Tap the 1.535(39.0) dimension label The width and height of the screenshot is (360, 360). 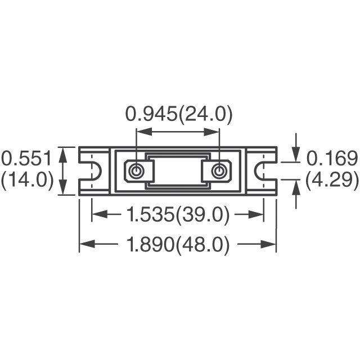(178, 214)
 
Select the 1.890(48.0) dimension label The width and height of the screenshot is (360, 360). (178, 244)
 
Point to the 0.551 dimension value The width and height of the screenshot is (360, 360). (26, 158)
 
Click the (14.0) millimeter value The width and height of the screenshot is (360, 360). (27, 181)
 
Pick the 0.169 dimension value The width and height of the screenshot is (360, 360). (332, 158)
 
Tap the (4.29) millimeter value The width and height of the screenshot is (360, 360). (332, 181)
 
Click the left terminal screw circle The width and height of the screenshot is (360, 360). (137, 171)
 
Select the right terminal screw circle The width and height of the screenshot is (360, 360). (219, 171)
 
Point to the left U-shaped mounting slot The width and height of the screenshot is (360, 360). (100, 171)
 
